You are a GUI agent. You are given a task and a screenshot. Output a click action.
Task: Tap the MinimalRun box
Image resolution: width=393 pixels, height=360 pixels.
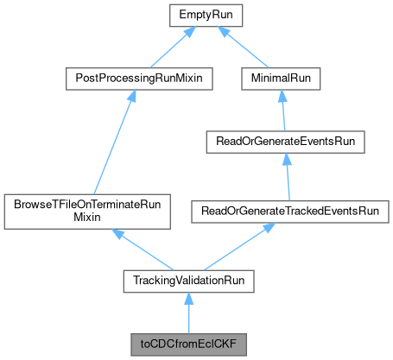click(282, 78)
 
